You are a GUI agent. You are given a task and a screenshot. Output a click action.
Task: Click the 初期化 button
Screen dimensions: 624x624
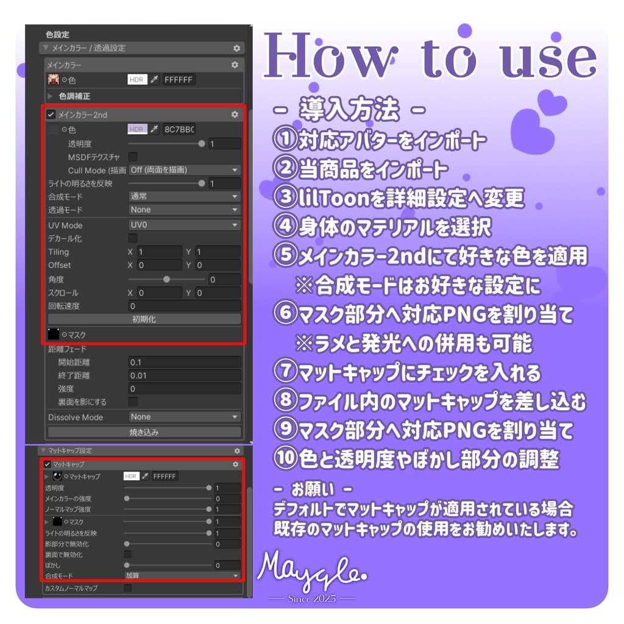(x=144, y=319)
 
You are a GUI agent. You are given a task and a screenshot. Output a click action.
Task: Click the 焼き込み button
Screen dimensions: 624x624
(x=144, y=432)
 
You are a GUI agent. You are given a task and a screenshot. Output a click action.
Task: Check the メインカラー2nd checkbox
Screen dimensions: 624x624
(x=51, y=115)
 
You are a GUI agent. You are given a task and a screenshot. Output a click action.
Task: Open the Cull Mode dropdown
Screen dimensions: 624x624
(x=185, y=170)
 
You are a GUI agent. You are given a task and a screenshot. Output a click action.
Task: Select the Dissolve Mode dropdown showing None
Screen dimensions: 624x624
(x=185, y=417)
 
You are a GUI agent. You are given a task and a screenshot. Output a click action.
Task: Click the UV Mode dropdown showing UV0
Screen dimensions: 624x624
(x=185, y=225)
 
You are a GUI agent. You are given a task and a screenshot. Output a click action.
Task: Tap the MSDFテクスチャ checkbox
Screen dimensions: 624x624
(x=133, y=157)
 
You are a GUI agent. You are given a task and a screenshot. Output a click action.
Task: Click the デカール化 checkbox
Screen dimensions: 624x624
(x=133, y=238)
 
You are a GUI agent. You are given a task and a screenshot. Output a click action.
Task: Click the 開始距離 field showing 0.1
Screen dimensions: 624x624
(x=185, y=362)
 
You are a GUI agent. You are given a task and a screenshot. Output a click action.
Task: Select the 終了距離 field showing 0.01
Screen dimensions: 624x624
(x=185, y=375)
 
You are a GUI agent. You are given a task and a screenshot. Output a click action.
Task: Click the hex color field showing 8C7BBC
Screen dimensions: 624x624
(x=179, y=129)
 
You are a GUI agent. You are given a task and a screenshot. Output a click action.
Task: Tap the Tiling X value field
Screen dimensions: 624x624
(x=158, y=252)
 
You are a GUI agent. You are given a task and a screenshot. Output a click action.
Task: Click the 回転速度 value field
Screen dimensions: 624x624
(x=185, y=306)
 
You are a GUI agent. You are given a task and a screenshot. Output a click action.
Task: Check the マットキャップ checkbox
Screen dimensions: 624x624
(x=48, y=464)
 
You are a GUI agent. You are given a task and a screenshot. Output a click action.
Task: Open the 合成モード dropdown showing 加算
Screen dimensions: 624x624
(x=182, y=575)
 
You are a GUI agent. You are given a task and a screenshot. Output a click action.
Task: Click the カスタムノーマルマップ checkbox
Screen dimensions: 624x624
(x=128, y=588)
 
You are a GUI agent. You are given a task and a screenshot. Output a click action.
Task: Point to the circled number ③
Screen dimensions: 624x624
(x=284, y=198)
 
